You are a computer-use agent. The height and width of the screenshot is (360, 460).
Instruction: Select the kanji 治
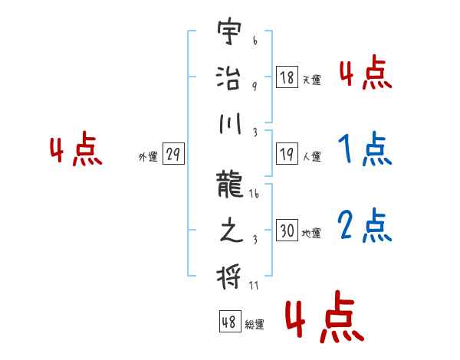click(x=228, y=79)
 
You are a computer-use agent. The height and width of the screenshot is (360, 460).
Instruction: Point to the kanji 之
click(x=228, y=231)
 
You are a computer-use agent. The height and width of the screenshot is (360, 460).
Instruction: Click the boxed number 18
click(x=287, y=77)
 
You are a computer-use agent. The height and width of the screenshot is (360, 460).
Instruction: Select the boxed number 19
click(x=287, y=155)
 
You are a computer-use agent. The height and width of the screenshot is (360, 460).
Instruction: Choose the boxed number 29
click(x=172, y=155)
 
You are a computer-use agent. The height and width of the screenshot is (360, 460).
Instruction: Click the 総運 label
click(x=255, y=324)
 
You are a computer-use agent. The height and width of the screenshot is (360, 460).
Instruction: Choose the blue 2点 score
click(x=365, y=224)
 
